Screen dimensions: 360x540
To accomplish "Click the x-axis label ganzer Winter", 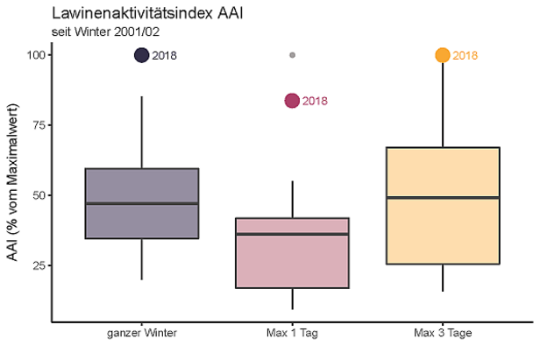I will pos(142,334).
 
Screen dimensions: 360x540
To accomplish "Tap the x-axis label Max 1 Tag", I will pos(292,334).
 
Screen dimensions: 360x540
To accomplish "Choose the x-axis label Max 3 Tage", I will pos(443,334).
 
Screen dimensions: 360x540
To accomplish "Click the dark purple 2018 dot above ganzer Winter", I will pos(142,55).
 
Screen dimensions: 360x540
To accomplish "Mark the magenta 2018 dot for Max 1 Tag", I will pos(292,101).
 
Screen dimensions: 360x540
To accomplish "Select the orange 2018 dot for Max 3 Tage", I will pos(443,55).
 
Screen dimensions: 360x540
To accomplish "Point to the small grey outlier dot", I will pos(292,55).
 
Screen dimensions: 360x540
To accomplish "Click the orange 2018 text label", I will pos(465,56).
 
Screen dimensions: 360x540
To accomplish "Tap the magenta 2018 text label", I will pos(315,102).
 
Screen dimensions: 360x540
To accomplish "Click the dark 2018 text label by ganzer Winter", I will pos(165,56).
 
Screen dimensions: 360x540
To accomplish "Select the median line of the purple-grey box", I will pos(142,203).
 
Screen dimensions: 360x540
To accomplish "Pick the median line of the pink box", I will pos(292,234).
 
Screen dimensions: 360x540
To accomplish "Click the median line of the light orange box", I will pos(443,198).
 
